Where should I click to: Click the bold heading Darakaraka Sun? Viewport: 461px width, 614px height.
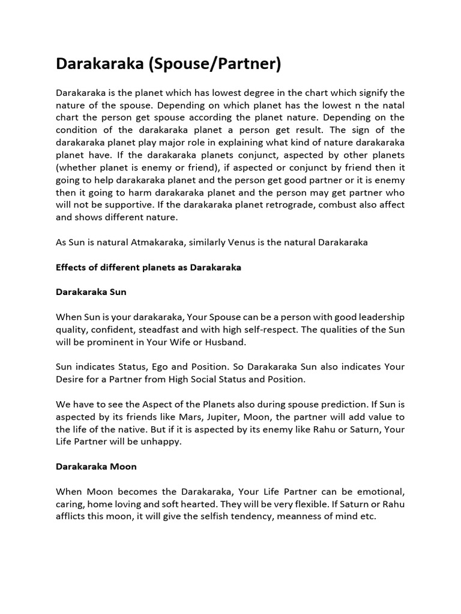91,292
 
